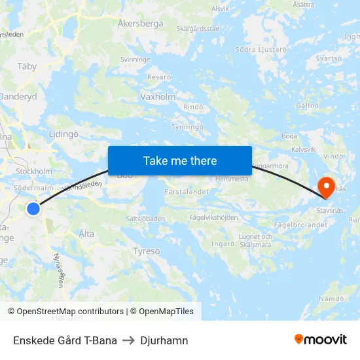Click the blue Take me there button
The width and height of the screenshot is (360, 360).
tap(180, 160)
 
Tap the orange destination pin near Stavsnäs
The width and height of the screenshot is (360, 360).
tap(326, 187)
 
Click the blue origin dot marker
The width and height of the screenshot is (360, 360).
tap(33, 209)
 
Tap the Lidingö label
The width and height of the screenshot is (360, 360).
tap(63, 134)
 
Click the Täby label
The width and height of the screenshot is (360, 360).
tap(27, 66)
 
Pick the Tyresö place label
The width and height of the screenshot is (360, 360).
tap(146, 251)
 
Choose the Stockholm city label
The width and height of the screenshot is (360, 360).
tap(33, 171)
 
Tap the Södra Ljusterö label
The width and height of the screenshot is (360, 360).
tap(261, 49)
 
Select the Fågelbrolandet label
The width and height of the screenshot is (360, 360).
tap(301, 225)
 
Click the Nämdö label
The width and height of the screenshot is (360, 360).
tap(331, 298)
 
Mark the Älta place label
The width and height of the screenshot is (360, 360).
tap(86, 234)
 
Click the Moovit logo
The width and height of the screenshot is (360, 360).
tap(320, 340)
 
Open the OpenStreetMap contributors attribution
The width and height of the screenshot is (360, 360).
tap(65, 312)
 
